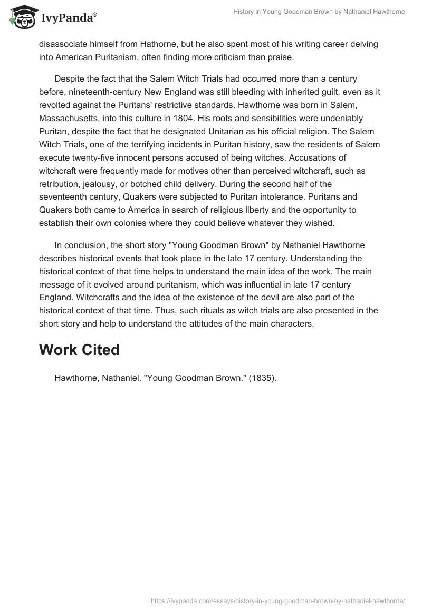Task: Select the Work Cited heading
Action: pyautogui.click(x=79, y=350)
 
